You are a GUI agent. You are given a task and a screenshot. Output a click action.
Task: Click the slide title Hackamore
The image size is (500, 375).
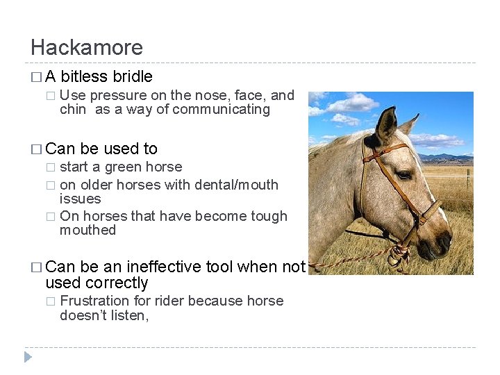[87, 47]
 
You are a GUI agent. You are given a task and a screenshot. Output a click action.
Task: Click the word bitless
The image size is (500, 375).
[86, 76]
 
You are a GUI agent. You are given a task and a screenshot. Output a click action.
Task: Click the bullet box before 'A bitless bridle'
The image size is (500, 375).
[35, 77]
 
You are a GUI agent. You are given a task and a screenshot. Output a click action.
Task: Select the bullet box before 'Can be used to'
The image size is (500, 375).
[35, 149]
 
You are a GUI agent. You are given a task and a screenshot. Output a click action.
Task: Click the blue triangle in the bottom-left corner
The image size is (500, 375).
[28, 357]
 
